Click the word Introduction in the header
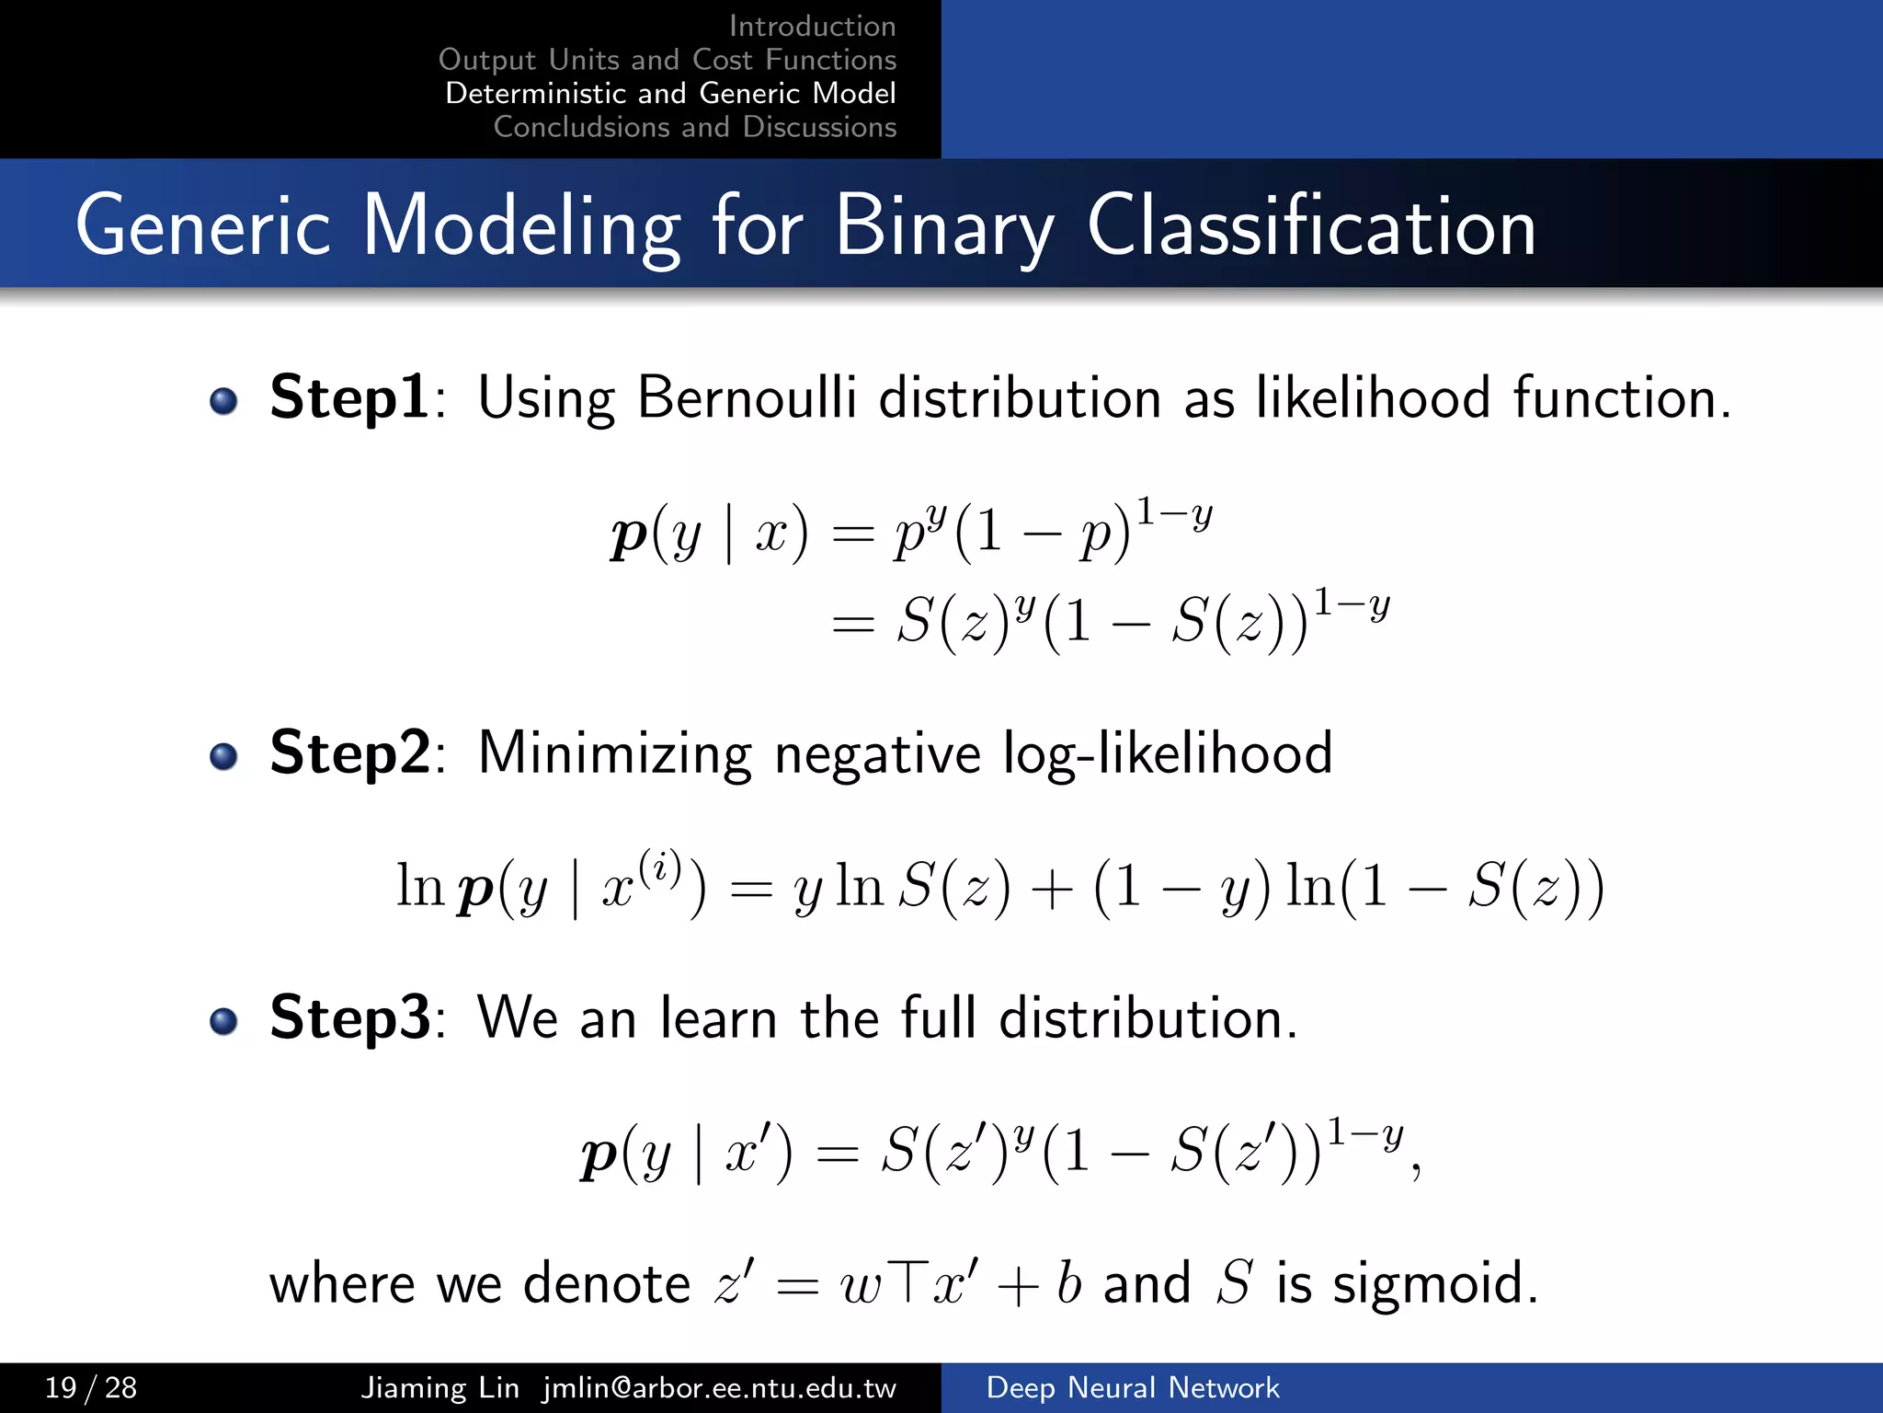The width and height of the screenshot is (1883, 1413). point(812,26)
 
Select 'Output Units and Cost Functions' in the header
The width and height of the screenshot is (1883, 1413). point(668,60)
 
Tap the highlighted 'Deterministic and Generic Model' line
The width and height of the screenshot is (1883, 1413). point(670,93)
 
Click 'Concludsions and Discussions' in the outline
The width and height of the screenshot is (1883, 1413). point(694,127)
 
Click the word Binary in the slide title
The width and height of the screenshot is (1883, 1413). point(944,227)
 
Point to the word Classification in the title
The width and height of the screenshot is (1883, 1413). point(1311,227)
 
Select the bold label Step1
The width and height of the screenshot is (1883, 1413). point(349,397)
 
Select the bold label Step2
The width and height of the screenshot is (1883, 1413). point(349,752)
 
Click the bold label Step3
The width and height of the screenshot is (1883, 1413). point(349,1017)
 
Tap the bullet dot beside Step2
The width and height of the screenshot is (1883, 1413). point(223,756)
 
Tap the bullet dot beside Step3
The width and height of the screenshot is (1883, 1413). point(223,1021)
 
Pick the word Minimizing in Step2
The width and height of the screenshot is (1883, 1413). point(614,754)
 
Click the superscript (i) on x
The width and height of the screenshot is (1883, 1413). point(660,867)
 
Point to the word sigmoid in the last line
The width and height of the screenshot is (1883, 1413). point(1434,1283)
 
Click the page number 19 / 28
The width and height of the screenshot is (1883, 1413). point(91,1387)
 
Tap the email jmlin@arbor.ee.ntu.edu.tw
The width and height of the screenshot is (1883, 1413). point(719,1387)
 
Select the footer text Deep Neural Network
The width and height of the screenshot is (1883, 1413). point(1133,1387)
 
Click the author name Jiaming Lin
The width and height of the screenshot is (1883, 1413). point(439,1387)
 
